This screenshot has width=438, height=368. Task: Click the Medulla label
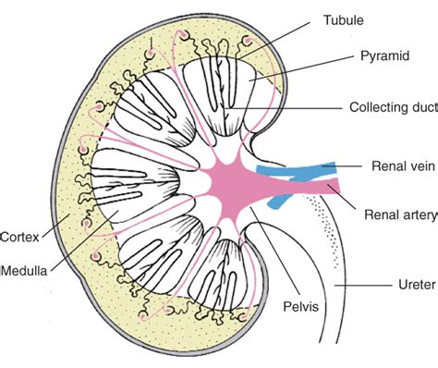tap(25, 271)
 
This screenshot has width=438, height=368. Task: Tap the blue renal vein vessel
tap(296, 169)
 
